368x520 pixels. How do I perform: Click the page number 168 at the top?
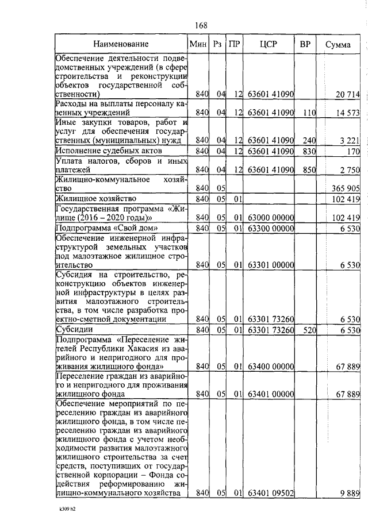[x=201, y=25]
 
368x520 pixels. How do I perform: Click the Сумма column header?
[x=338, y=44]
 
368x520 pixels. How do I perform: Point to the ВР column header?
[x=305, y=44]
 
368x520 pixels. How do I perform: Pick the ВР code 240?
[x=309, y=140]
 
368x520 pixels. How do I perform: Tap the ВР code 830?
[x=309, y=151]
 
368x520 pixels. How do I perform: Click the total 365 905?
[x=345, y=188]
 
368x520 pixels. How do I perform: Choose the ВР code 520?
[x=309, y=330]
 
